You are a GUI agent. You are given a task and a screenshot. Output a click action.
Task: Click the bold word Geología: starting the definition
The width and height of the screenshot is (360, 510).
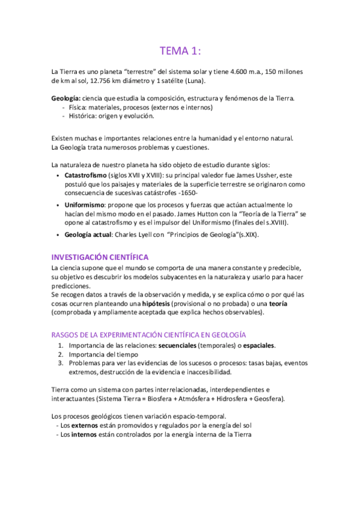[x=66, y=99]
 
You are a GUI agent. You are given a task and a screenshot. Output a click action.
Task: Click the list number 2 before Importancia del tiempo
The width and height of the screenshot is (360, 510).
[x=61, y=354]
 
